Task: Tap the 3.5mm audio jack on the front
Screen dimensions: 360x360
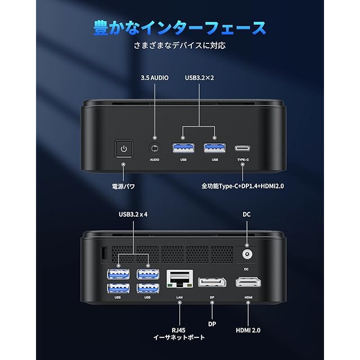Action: click(154, 148)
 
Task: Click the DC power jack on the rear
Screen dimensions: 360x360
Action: click(246, 254)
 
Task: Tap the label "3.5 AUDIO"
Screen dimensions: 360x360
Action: click(155, 78)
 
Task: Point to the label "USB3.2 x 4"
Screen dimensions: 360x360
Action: click(133, 214)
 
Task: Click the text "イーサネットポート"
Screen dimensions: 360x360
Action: click(179, 337)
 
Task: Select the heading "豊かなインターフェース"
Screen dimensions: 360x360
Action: click(180, 28)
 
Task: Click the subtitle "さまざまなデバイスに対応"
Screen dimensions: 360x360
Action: click(179, 46)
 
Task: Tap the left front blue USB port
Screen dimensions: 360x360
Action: click(183, 148)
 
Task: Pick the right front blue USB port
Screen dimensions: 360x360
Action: click(214, 148)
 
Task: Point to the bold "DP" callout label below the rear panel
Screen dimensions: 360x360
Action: click(213, 324)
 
